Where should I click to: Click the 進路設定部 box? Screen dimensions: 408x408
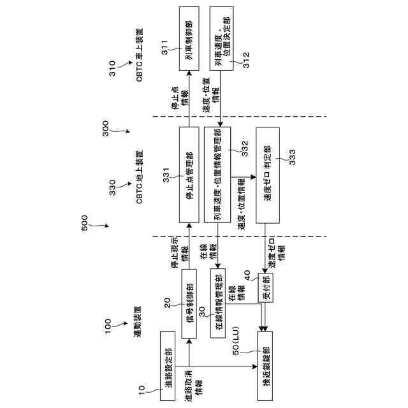point(169,366)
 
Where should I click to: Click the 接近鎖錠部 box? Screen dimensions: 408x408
point(266,366)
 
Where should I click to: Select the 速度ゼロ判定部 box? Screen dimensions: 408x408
point(266,175)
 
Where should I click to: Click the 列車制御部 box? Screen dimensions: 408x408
point(189,40)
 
